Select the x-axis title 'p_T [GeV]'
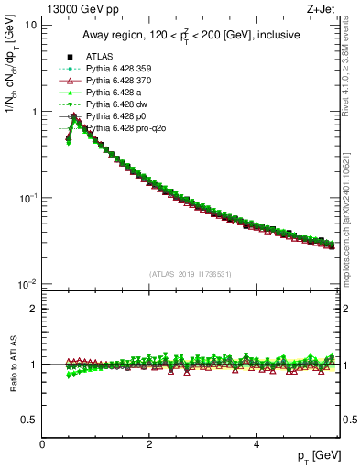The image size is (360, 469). pyautogui.click(x=320, y=455)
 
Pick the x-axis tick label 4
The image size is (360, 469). pyautogui.click(x=256, y=444)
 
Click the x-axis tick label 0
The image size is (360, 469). pyautogui.click(x=42, y=444)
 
